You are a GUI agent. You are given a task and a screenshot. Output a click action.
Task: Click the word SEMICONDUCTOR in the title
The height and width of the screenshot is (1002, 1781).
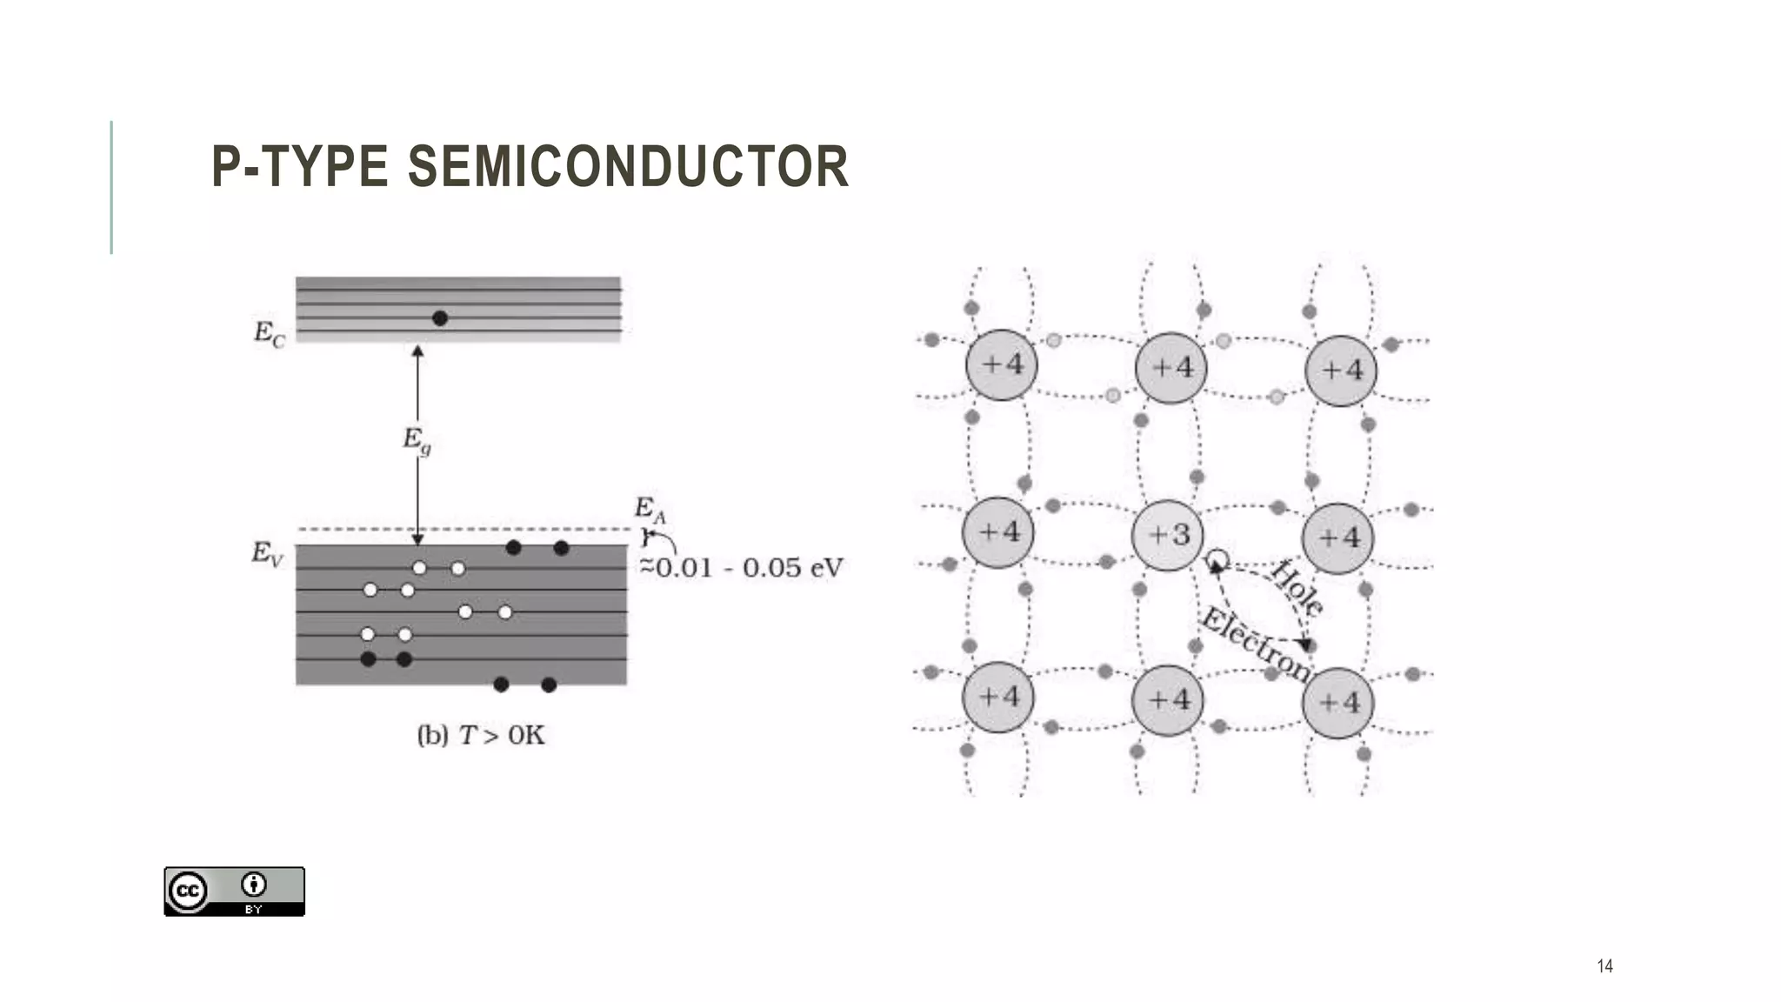pyautogui.click(x=628, y=166)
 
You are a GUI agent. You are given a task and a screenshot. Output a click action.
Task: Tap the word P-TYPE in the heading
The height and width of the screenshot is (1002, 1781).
pyautogui.click(x=299, y=166)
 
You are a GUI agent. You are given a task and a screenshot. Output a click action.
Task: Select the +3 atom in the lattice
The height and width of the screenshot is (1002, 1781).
pyautogui.click(x=1168, y=535)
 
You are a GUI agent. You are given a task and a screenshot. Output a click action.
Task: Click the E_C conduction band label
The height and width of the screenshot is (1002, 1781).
pyautogui.click(x=269, y=333)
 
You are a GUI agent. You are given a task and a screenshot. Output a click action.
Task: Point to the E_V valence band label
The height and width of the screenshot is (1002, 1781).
pyautogui.click(x=267, y=553)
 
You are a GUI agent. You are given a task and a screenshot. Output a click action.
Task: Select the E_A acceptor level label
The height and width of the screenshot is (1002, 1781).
pyautogui.click(x=649, y=509)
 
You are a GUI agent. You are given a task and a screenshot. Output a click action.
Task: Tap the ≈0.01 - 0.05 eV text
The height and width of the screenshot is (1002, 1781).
pyautogui.click(x=742, y=568)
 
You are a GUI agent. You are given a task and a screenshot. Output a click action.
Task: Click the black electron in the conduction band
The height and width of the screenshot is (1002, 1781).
pyautogui.click(x=440, y=318)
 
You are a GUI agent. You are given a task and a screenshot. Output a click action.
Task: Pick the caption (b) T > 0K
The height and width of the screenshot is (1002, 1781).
pyautogui.click(x=481, y=736)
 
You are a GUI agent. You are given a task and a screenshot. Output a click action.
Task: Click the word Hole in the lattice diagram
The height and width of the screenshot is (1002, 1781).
pyautogui.click(x=1297, y=588)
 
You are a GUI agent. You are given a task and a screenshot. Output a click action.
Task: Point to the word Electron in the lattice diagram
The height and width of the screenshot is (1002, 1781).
pyautogui.click(x=1255, y=645)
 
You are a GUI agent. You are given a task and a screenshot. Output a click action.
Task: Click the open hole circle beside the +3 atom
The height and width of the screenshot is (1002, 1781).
pyautogui.click(x=1217, y=559)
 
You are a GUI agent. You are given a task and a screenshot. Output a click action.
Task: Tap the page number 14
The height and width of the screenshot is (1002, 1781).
pyautogui.click(x=1604, y=965)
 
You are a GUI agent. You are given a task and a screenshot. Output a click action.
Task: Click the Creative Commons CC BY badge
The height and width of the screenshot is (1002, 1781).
pyautogui.click(x=234, y=891)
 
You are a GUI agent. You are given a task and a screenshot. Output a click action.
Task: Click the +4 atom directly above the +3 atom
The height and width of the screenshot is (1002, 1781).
pyautogui.click(x=1171, y=368)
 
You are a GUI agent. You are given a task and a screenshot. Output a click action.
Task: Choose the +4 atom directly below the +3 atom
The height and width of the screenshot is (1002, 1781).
pyautogui.click(x=1168, y=700)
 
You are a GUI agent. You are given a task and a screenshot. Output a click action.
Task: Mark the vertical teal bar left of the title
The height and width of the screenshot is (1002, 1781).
pyautogui.click(x=111, y=187)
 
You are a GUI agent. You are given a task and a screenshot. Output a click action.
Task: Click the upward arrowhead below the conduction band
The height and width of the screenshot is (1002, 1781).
pyautogui.click(x=417, y=351)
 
